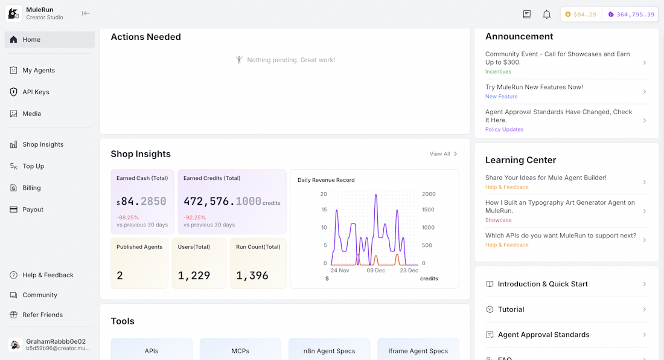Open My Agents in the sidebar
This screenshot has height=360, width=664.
[x=39, y=71]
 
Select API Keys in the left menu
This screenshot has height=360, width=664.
[x=36, y=92]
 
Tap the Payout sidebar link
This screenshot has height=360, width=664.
[x=33, y=210]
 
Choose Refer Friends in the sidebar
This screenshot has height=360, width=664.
[x=42, y=315]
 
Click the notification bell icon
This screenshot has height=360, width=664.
[x=546, y=14]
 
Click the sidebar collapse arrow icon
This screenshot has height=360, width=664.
[x=86, y=13]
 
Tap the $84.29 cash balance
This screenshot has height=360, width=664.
[x=581, y=14]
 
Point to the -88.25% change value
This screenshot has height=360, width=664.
[x=128, y=217]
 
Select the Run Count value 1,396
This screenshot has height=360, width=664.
[x=252, y=275]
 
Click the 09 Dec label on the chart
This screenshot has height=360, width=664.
[x=375, y=271]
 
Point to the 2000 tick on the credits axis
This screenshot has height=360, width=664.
[x=428, y=194]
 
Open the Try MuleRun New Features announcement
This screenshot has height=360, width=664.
[x=534, y=87]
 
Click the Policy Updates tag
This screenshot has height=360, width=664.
[x=504, y=129]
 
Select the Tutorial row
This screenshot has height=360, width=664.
[x=511, y=309]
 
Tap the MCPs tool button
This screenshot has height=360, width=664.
[x=240, y=351]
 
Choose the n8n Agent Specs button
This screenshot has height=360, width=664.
[x=329, y=351]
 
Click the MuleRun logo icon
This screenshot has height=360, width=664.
[x=13, y=13]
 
